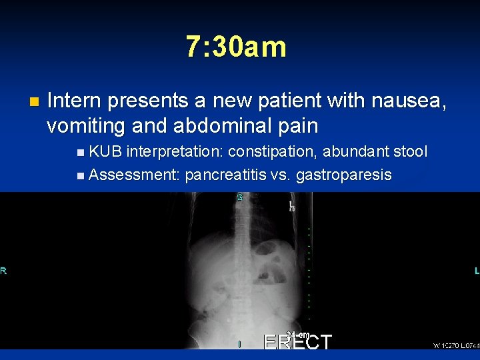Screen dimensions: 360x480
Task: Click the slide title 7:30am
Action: [x=236, y=47]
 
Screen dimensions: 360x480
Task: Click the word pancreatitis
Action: [x=227, y=175]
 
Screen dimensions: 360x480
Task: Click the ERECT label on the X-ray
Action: [x=297, y=342]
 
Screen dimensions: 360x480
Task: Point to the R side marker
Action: [x=3, y=271]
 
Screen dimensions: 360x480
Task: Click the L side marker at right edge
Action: [x=476, y=271]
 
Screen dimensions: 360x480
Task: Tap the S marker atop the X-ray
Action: [x=239, y=197]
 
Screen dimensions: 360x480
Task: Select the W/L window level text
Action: [x=456, y=345]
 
